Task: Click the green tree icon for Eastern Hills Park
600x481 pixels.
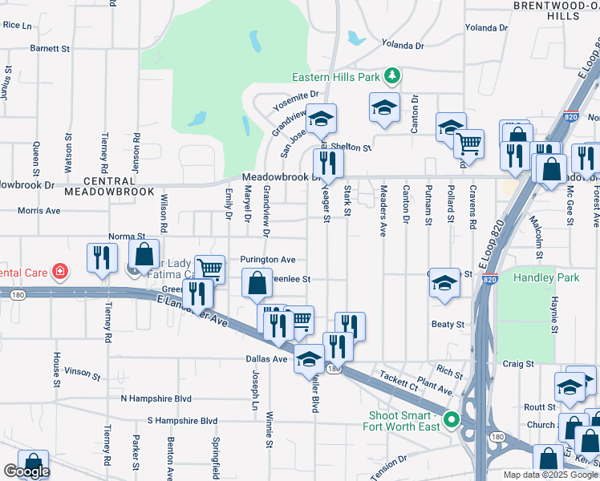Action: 392,76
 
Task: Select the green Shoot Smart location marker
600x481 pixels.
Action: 452,419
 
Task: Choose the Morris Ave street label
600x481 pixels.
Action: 39,211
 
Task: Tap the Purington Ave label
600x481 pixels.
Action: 268,260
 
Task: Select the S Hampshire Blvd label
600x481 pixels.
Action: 182,420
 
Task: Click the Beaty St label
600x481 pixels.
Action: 448,325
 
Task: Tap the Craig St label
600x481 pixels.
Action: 517,363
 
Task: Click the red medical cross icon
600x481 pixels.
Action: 59,272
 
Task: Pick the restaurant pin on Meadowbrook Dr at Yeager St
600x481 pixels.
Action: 329,164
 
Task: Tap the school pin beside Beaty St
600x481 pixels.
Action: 444,284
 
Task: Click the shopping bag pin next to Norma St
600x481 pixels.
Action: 144,255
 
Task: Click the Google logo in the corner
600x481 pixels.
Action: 26,471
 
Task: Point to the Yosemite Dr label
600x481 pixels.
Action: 295,100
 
